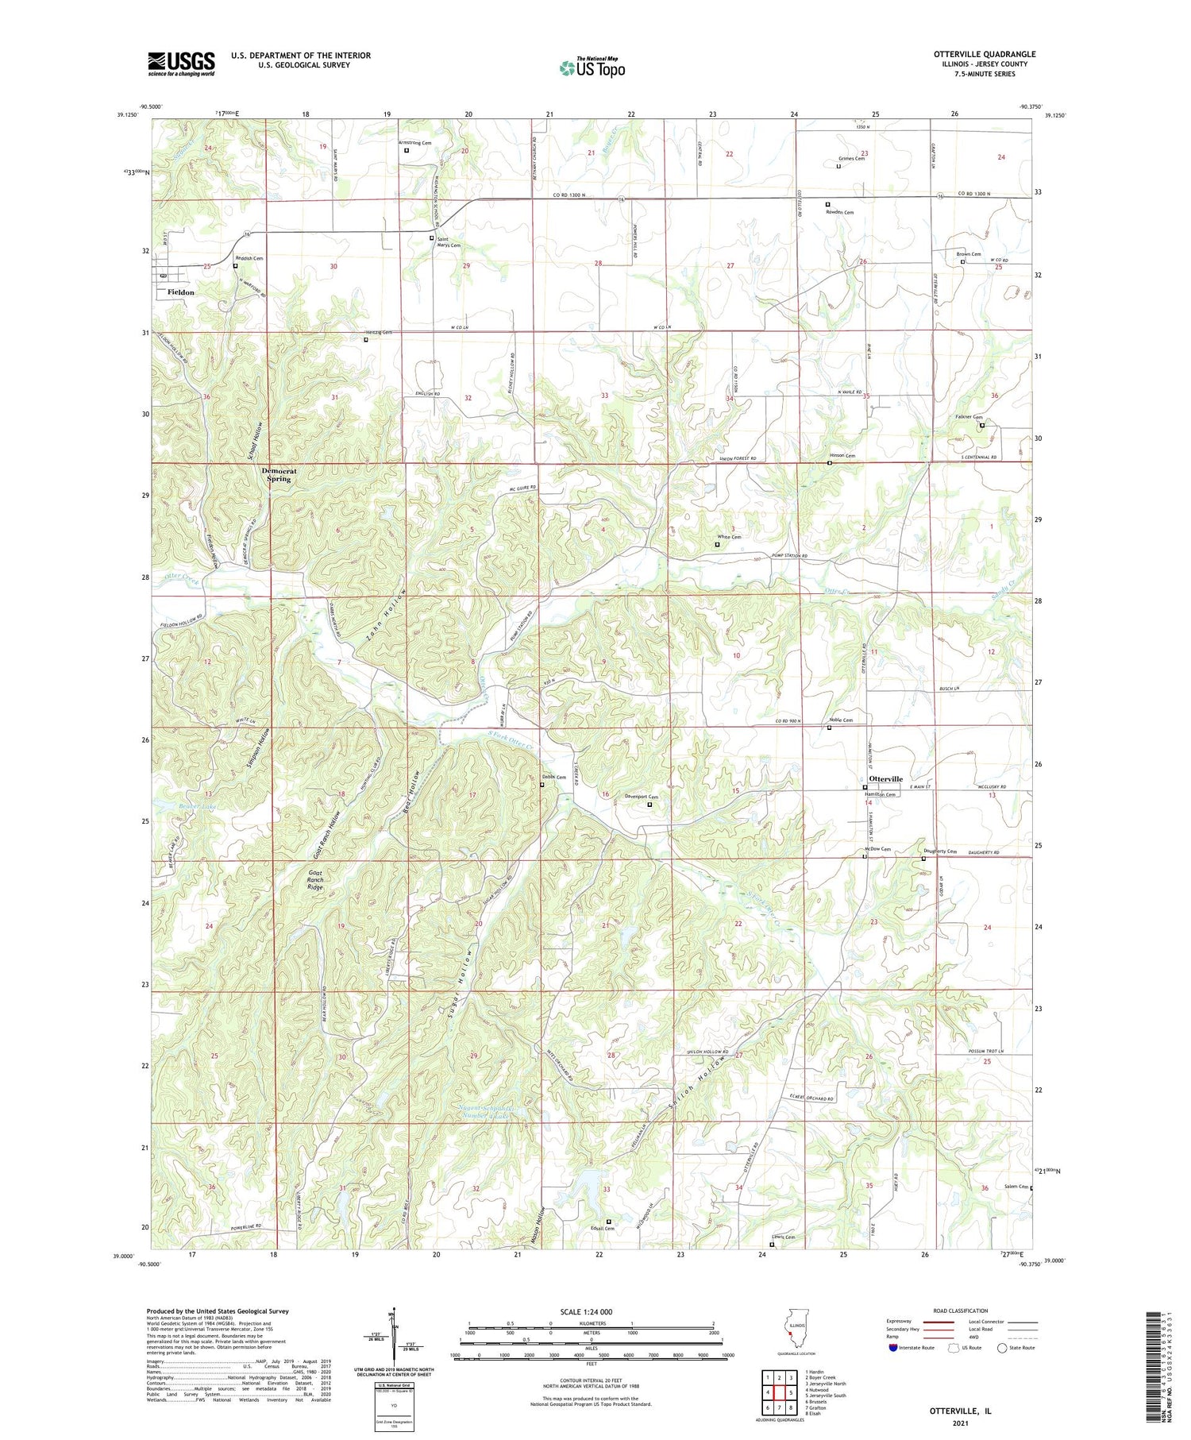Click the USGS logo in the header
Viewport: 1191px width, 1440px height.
181,64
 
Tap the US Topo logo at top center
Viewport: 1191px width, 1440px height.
592,68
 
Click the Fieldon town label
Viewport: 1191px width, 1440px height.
180,292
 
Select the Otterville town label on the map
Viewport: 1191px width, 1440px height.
885,779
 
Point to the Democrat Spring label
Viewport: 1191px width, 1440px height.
276,475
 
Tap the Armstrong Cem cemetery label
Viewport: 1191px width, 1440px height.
415,143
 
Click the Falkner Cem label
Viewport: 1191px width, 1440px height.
969,418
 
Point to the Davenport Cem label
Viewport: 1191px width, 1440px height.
642,797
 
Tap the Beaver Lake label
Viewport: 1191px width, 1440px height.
175,807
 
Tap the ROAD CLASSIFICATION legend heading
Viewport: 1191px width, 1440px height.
961,1311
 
